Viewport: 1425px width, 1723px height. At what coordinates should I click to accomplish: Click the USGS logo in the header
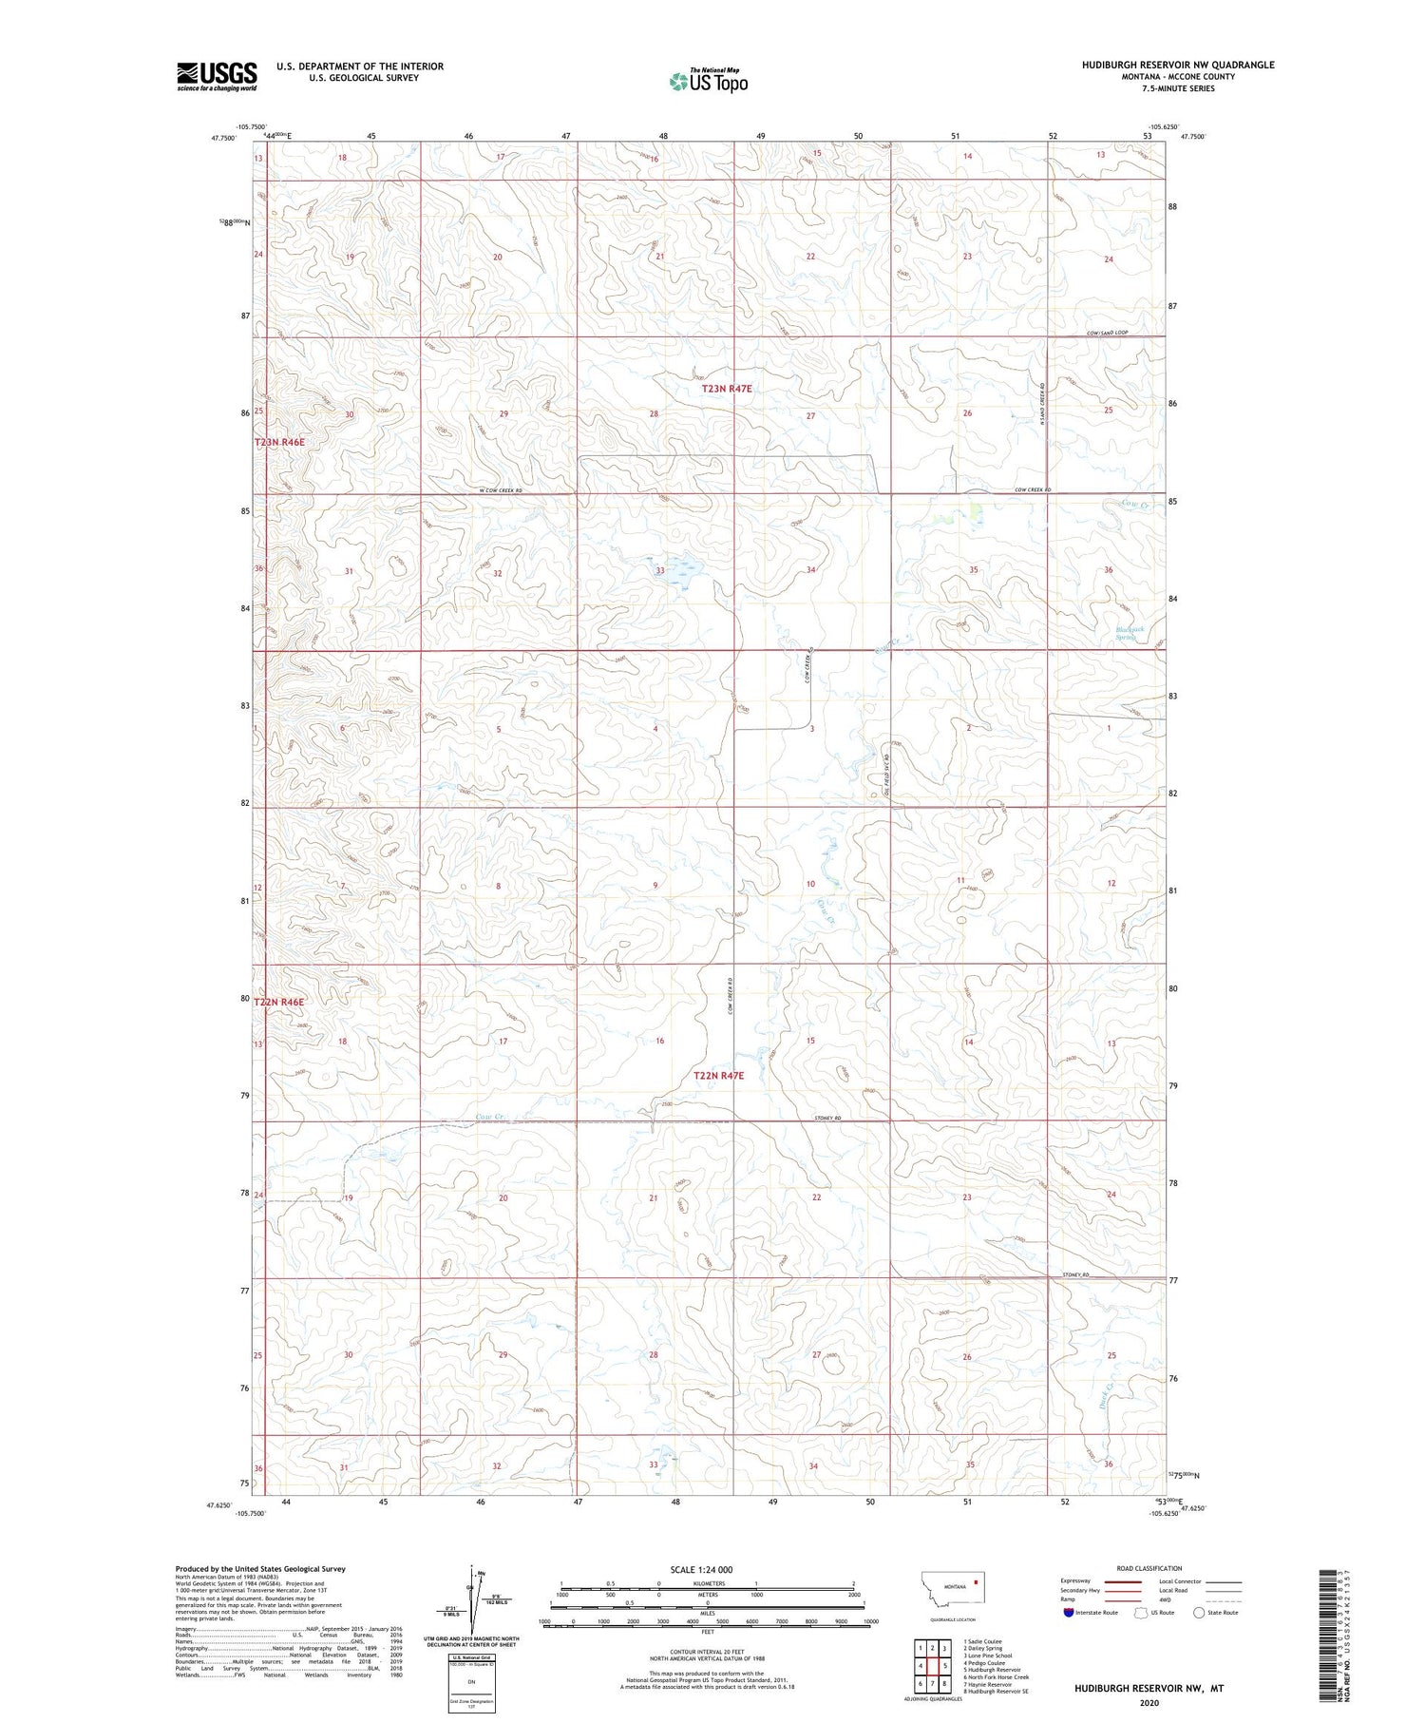tap(217, 75)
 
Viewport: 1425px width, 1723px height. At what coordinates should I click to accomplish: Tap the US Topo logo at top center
tap(709, 81)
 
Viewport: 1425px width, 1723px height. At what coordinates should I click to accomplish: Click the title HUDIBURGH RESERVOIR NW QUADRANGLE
tap(1177, 65)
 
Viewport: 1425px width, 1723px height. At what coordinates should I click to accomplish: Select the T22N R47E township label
tap(731, 1076)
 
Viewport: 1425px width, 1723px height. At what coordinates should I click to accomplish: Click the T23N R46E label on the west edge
tap(279, 443)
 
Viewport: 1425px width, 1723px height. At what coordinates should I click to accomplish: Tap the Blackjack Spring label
tap(1133, 633)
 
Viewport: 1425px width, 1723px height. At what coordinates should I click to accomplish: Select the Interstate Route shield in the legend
tap(1069, 1613)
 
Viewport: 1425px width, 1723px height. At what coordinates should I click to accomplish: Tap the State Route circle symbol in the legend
tap(1199, 1613)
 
